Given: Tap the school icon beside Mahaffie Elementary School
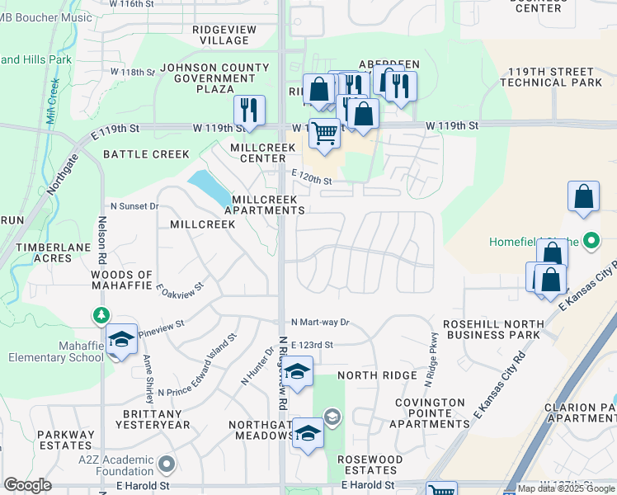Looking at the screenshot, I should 121,341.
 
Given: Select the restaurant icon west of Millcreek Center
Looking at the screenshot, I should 248,111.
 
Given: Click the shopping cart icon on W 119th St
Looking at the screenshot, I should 325,133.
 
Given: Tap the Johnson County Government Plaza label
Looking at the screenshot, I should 208,78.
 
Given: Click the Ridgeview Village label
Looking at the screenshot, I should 224,35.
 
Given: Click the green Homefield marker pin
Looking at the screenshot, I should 591,242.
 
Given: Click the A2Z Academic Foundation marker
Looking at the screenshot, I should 166,464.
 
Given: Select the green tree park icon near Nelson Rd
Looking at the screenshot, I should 101,315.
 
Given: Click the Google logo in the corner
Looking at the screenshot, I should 27,485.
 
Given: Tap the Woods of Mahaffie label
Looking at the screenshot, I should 122,280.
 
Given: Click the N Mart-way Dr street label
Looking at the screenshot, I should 320,322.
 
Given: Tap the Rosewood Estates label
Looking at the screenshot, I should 370,464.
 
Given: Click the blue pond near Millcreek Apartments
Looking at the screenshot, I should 210,188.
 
